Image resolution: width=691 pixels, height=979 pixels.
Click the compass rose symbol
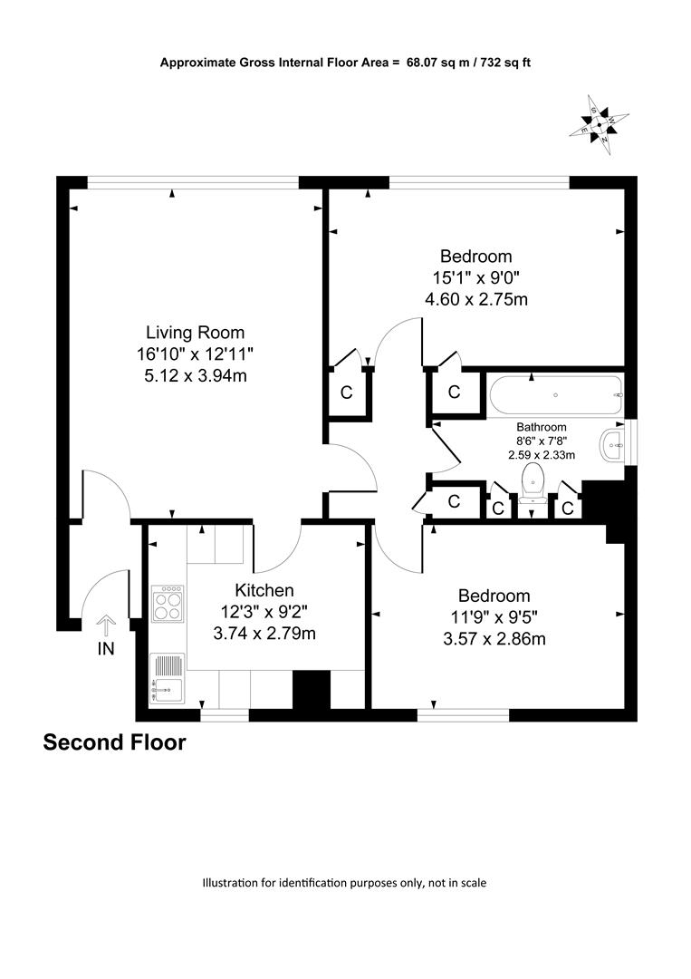[x=599, y=125]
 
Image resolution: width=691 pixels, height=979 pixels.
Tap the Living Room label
[x=196, y=332]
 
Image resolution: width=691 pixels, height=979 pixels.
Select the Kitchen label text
[x=264, y=590]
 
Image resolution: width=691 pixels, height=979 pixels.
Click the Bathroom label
[x=542, y=427]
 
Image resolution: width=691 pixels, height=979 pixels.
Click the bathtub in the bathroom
[x=556, y=394]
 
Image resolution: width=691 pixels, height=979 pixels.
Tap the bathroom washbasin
[x=612, y=446]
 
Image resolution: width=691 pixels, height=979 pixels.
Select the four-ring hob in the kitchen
[x=168, y=604]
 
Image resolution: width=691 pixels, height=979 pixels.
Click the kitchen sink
[x=168, y=679]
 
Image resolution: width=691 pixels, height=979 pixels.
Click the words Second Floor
[x=115, y=742]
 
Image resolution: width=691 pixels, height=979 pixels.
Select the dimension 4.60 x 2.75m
[x=476, y=299]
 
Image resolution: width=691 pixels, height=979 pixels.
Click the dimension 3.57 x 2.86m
[x=494, y=639]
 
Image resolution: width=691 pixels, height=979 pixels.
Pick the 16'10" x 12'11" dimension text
[x=196, y=354]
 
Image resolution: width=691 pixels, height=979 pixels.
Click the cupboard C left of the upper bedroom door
[x=347, y=393]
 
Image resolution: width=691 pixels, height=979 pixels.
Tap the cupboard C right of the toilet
[x=567, y=509]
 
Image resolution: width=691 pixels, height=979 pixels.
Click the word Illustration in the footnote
[x=229, y=883]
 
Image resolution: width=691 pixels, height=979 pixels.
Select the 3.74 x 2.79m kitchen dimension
[x=264, y=634]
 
